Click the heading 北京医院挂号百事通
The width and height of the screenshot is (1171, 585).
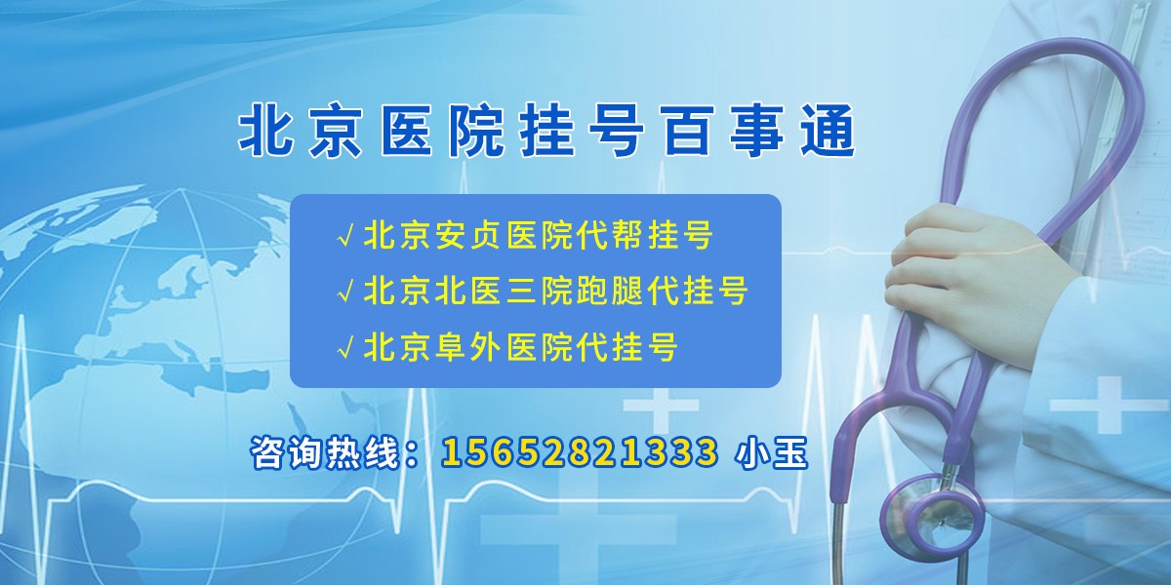click(x=546, y=134)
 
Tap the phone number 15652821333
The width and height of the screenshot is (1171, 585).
click(x=580, y=452)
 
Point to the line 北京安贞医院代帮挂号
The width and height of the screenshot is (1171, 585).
click(x=538, y=236)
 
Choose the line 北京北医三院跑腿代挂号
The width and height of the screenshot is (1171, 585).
click(x=555, y=291)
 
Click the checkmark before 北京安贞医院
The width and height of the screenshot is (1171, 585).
click(x=345, y=237)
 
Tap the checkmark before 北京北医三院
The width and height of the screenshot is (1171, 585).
click(x=345, y=292)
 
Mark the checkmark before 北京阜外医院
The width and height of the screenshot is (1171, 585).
click(x=345, y=347)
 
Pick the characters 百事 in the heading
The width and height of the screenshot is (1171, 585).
click(x=722, y=134)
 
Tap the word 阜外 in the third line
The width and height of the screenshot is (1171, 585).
click(x=466, y=346)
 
